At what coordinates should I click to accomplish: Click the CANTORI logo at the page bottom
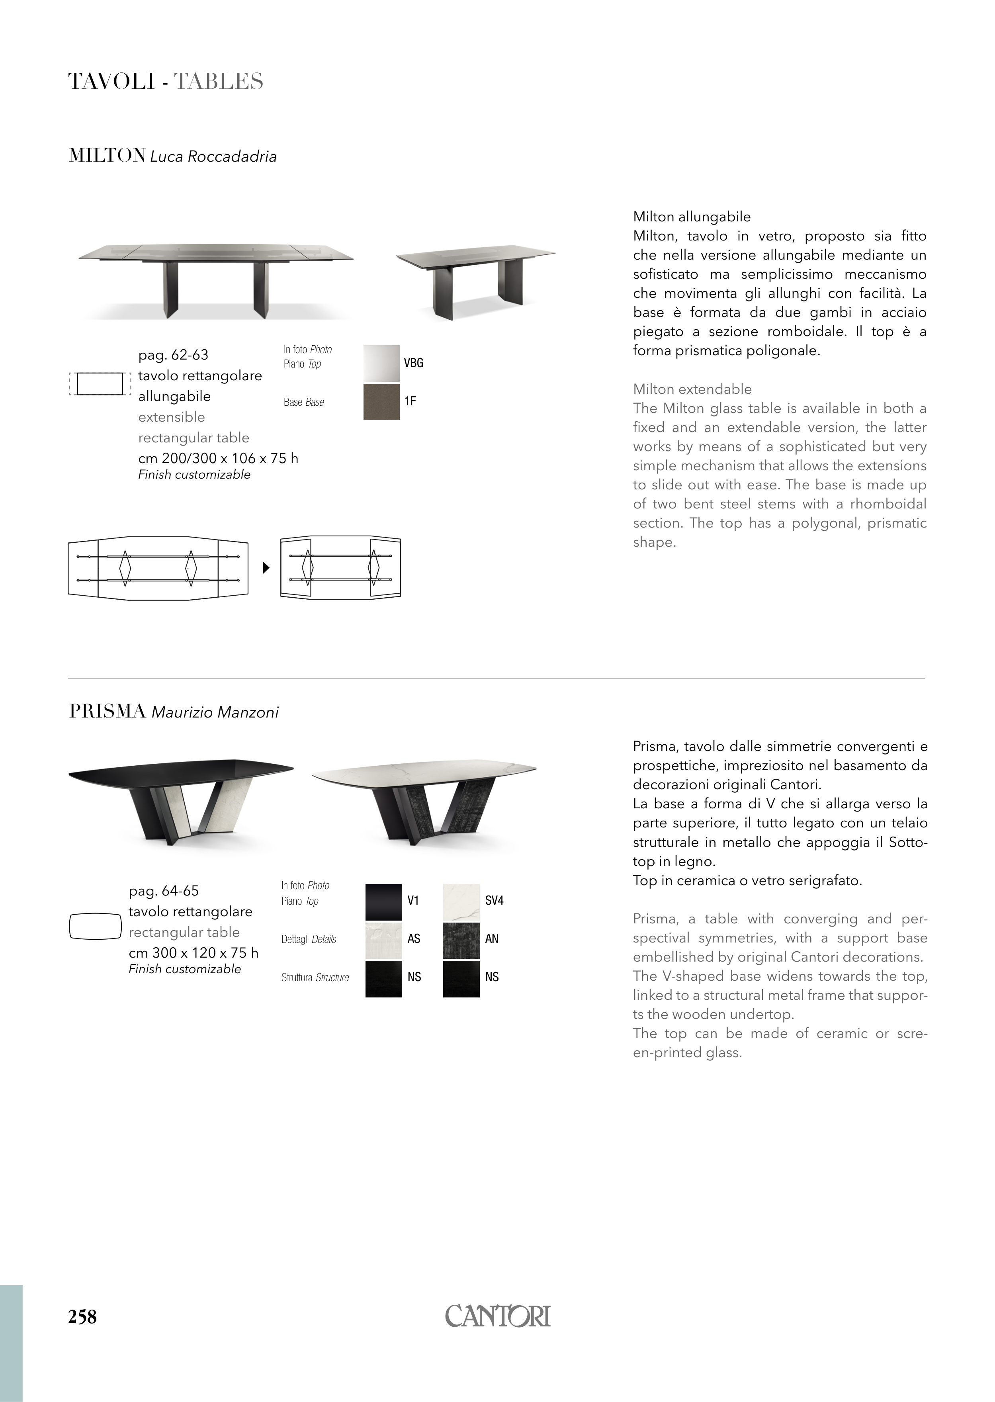(498, 1316)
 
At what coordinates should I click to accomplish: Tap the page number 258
(82, 1316)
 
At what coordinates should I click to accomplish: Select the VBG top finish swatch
(381, 364)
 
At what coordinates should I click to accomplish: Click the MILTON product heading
(107, 156)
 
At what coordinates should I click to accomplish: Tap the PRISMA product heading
(107, 712)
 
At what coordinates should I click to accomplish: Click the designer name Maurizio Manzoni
(215, 713)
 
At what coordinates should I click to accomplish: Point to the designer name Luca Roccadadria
(213, 157)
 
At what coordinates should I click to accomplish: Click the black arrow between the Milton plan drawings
(266, 568)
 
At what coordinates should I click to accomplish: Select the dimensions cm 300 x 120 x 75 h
(194, 953)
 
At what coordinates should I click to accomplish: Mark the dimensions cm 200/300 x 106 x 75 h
(218, 458)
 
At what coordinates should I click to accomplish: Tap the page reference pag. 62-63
(173, 355)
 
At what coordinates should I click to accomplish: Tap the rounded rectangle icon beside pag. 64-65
(95, 926)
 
